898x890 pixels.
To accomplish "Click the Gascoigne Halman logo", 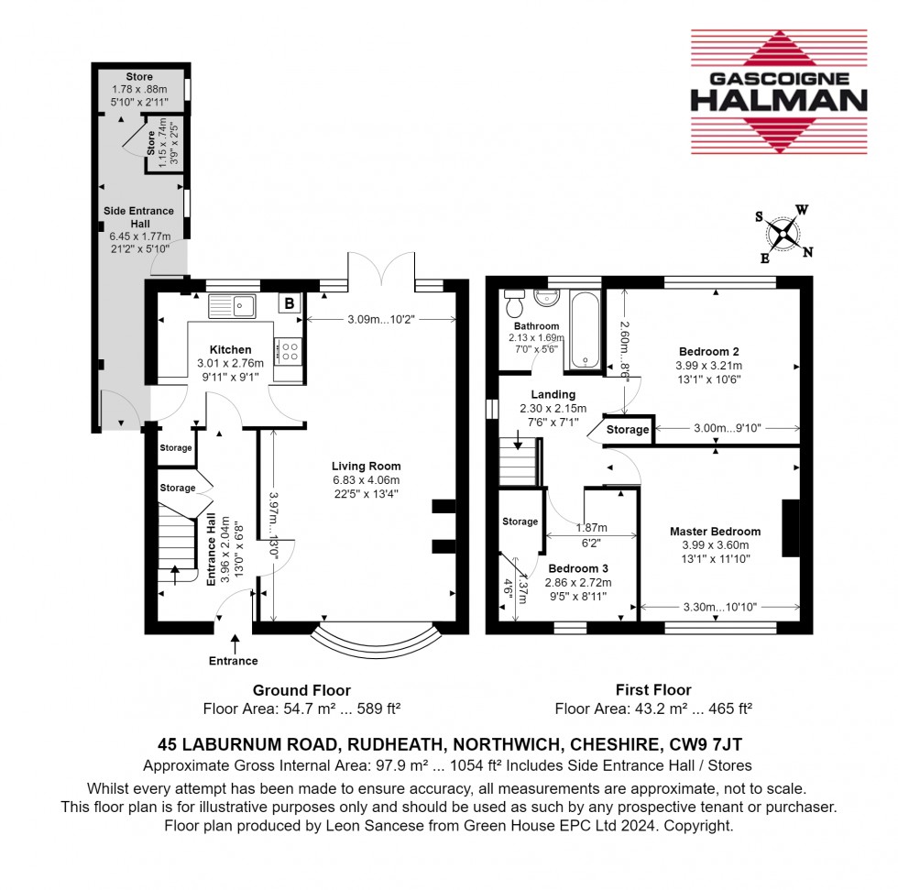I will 777,92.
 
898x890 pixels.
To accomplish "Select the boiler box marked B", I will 290,303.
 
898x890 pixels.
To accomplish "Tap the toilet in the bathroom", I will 514,302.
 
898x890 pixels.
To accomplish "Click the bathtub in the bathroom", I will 585,330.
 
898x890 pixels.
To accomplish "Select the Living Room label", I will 367,467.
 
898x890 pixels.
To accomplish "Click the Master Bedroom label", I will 715,532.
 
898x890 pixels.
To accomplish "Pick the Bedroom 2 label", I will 708,351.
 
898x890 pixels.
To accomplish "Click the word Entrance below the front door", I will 234,661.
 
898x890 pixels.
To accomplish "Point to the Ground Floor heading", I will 301,690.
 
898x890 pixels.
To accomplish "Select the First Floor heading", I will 653,690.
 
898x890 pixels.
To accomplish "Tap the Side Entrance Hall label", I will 139,217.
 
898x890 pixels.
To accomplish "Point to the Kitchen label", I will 230,349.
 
